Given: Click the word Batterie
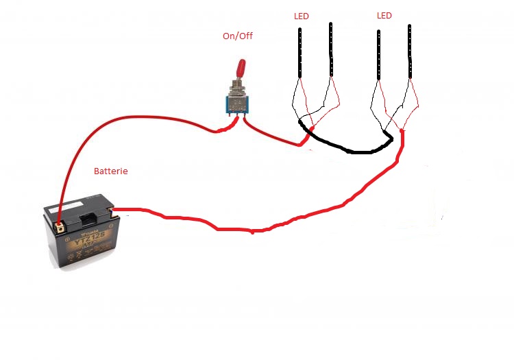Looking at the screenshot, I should [x=110, y=171].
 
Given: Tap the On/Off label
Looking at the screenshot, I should [x=237, y=36].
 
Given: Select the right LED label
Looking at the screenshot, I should [x=384, y=15].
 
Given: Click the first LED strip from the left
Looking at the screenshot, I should [x=300, y=51].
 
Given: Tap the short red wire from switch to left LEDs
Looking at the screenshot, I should [x=271, y=136].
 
